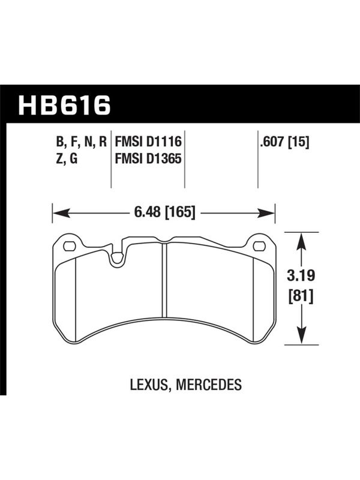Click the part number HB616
coord(65,106)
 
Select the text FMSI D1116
coord(148,142)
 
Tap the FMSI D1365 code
coord(148,159)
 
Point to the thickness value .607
coord(272,142)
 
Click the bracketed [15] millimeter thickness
coord(299,142)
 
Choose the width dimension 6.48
coord(147,212)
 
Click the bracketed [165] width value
coord(180,212)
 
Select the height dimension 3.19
coord(301,275)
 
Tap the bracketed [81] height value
coord(301,296)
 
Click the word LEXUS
coord(149,385)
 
